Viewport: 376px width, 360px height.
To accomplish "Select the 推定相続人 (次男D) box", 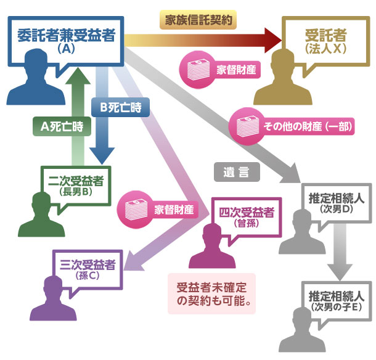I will (336, 203).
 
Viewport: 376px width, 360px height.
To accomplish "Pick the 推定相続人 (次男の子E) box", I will (336, 298).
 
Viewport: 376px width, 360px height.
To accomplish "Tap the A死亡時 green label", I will (61, 126).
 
